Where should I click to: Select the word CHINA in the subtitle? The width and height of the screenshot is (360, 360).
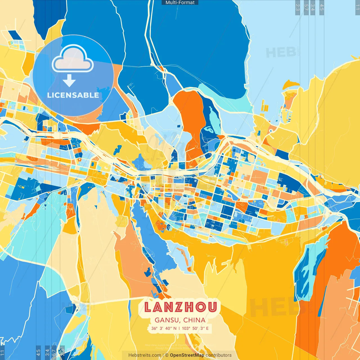[x=194, y=320]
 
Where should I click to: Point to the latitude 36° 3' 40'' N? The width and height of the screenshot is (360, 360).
[x=164, y=328]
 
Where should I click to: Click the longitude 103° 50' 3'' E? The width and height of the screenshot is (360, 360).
[x=195, y=328]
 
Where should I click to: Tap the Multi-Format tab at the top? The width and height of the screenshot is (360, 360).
[x=180, y=3]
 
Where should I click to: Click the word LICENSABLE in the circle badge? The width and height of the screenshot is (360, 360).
[x=73, y=95]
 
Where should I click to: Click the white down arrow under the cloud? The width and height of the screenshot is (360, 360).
[x=69, y=81]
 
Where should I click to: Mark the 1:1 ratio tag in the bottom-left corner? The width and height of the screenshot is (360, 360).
[x=2, y=352]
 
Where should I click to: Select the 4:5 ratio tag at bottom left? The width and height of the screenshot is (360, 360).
[x=38, y=352]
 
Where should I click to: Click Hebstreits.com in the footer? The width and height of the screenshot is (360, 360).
[x=145, y=355]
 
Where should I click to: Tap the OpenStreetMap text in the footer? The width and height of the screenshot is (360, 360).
[x=187, y=355]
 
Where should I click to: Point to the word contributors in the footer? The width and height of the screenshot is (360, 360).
[x=219, y=355]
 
